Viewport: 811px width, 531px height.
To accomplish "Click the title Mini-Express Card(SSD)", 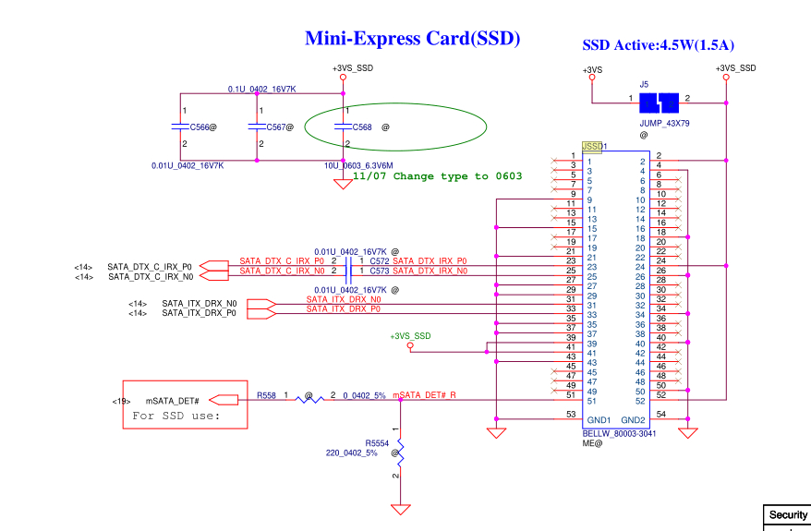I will tap(413, 39).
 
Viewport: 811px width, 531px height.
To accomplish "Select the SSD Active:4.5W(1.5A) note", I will tap(658, 45).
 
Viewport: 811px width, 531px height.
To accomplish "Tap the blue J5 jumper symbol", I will tap(660, 101).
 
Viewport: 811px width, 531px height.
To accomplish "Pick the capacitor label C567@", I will tap(279, 127).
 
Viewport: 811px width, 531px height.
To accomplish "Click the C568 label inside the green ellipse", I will tap(362, 127).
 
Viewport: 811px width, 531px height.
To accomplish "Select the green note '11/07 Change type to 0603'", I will tap(437, 176).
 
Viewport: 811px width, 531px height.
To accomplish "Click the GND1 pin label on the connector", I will tap(599, 420).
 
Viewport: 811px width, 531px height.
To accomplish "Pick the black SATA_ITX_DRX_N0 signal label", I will tap(199, 303).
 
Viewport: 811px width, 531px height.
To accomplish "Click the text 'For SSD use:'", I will tap(176, 416).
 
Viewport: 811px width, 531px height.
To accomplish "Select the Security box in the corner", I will tap(787, 515).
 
